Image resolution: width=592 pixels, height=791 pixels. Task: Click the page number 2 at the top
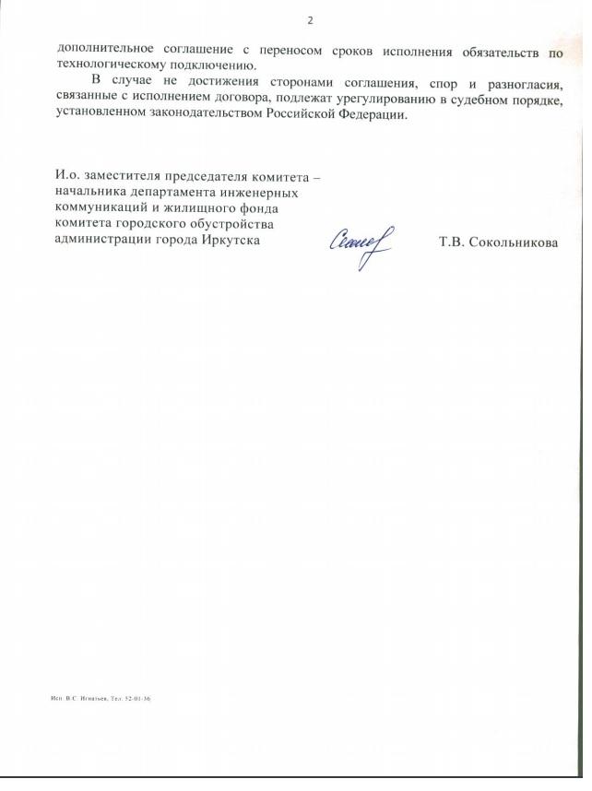tap(310, 19)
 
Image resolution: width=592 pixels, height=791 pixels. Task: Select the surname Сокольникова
tap(519, 244)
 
